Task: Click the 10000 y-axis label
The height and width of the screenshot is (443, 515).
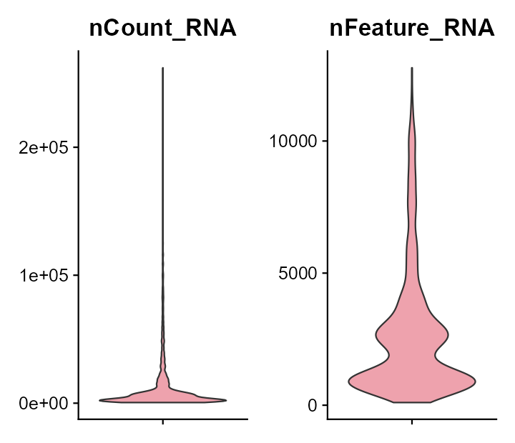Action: point(293,141)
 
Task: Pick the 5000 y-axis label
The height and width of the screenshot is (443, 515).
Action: point(299,273)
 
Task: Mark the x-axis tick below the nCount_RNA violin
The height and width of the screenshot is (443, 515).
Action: point(163,422)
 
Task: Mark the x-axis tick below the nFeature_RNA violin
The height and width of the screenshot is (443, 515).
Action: point(412,422)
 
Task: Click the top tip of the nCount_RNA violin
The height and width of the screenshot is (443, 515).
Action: point(163,69)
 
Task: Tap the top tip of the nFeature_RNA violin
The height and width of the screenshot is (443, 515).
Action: point(412,69)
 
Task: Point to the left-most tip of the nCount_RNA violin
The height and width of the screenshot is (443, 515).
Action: point(99,400)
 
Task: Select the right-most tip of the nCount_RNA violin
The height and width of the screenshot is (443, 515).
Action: point(226,400)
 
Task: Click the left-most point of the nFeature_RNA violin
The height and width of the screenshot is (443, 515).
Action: point(349,382)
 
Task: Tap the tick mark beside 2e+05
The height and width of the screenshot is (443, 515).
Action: point(75,147)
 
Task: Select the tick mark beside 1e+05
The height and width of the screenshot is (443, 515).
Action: point(75,275)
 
